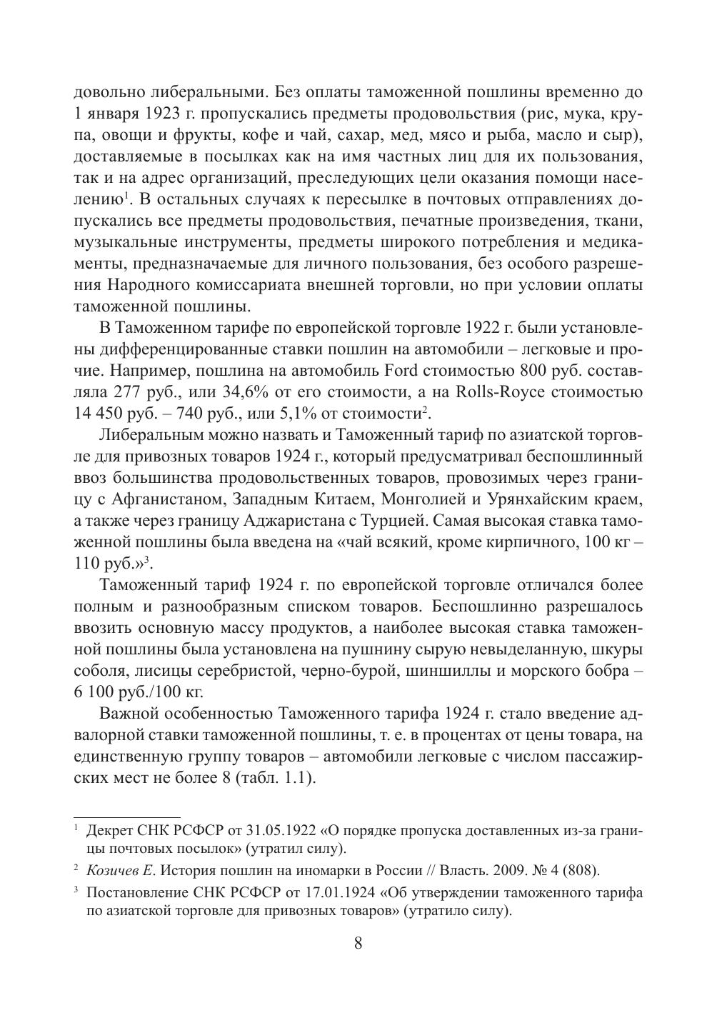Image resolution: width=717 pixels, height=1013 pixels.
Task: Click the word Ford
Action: pyautogui.click(x=400, y=371)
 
